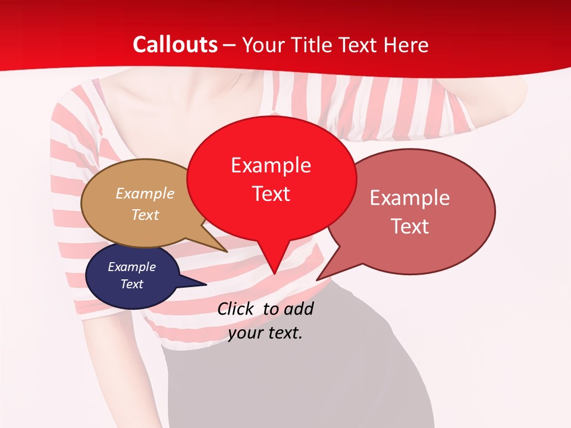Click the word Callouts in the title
(x=175, y=45)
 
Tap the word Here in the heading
(x=406, y=45)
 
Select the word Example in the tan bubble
(x=145, y=194)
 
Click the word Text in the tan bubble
(x=145, y=215)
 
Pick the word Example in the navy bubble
(x=131, y=267)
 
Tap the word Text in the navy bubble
(x=131, y=284)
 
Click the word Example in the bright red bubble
(x=271, y=165)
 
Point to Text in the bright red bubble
(x=271, y=194)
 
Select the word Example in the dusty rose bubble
(x=410, y=198)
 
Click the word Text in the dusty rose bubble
(x=410, y=226)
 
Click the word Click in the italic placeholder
(x=237, y=309)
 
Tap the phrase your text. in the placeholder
(x=265, y=333)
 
